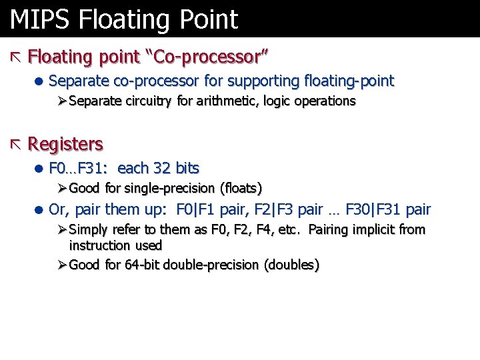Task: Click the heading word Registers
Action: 65,144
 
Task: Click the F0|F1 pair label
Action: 197,210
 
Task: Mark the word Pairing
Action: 331,230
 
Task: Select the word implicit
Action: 377,230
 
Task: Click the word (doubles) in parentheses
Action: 292,265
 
